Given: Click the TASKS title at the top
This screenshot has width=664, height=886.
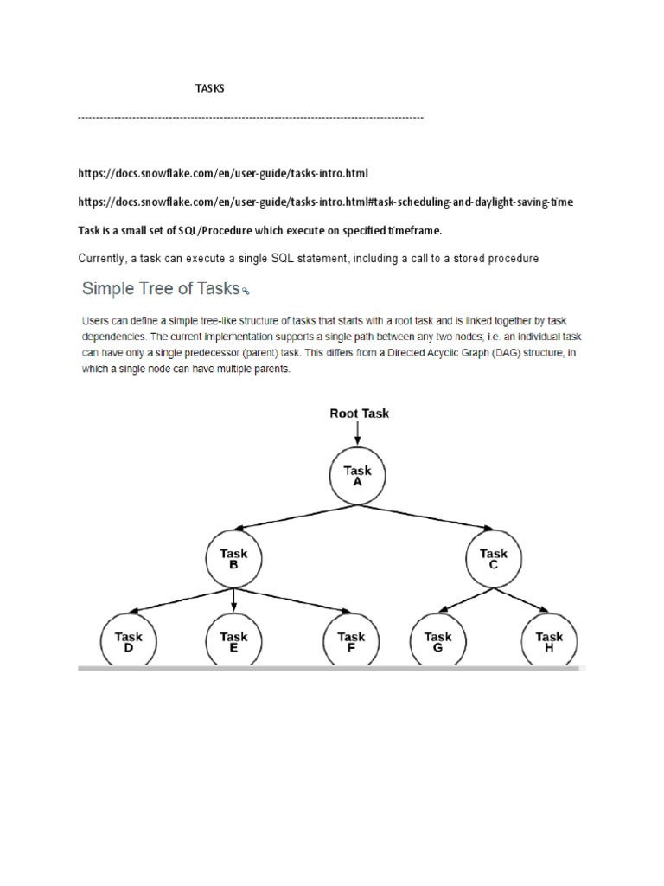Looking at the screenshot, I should [x=208, y=89].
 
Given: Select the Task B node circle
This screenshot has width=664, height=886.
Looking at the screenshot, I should [x=233, y=559].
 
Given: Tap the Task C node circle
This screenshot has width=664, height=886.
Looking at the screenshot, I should [x=494, y=559].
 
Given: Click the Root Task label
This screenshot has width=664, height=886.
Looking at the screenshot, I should [x=359, y=414].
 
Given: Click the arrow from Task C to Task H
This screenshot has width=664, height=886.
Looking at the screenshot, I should [x=524, y=603].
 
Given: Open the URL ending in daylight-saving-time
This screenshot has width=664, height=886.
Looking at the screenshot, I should [x=325, y=202].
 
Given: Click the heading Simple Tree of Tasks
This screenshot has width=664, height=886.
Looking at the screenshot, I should [x=160, y=287].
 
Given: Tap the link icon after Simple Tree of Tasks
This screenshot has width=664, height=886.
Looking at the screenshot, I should [x=246, y=291].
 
